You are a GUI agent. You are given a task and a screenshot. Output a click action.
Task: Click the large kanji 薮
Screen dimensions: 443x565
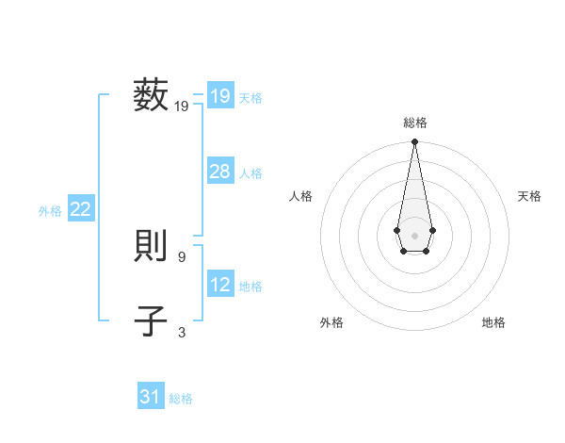pyautogui.click(x=151, y=96)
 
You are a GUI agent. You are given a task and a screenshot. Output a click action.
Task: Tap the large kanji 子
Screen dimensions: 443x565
pyautogui.click(x=151, y=321)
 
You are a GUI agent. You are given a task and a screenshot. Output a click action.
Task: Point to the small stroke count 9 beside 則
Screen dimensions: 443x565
pyautogui.click(x=182, y=256)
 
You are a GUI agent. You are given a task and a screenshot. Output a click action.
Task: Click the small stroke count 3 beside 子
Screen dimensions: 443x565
pyautogui.click(x=182, y=331)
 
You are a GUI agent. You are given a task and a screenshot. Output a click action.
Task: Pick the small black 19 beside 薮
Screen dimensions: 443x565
pyautogui.click(x=182, y=107)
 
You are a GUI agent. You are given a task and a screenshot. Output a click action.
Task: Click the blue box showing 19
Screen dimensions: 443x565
pyautogui.click(x=219, y=95)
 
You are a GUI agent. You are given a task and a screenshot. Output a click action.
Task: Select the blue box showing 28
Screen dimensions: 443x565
pyautogui.click(x=219, y=172)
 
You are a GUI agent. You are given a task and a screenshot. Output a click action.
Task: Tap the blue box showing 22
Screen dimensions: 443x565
pyautogui.click(x=80, y=209)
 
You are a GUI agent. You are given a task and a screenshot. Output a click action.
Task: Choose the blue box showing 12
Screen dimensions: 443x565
pyautogui.click(x=219, y=284)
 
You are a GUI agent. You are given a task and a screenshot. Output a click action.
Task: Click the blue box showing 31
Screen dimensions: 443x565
pyautogui.click(x=151, y=397)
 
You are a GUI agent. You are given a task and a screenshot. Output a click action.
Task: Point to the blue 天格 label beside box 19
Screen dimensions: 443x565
pyautogui.click(x=250, y=98)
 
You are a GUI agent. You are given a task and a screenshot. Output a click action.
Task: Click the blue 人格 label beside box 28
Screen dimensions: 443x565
pyautogui.click(x=250, y=173)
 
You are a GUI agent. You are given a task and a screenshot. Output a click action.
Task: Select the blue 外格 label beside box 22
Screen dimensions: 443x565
pyautogui.click(x=50, y=211)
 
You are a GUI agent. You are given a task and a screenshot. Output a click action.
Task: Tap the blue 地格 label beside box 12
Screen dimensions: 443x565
pyautogui.click(x=250, y=287)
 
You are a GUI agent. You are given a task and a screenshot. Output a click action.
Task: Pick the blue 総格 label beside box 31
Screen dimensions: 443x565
pyautogui.click(x=181, y=399)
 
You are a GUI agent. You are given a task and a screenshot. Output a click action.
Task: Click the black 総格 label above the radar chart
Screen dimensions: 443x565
pyautogui.click(x=414, y=123)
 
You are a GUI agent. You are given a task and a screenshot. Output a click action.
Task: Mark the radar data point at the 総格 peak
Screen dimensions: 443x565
pyautogui.click(x=414, y=142)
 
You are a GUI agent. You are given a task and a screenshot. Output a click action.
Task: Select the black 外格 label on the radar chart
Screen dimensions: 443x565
pyautogui.click(x=331, y=322)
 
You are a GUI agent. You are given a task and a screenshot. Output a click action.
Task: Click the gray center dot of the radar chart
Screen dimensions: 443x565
pyautogui.click(x=414, y=235)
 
